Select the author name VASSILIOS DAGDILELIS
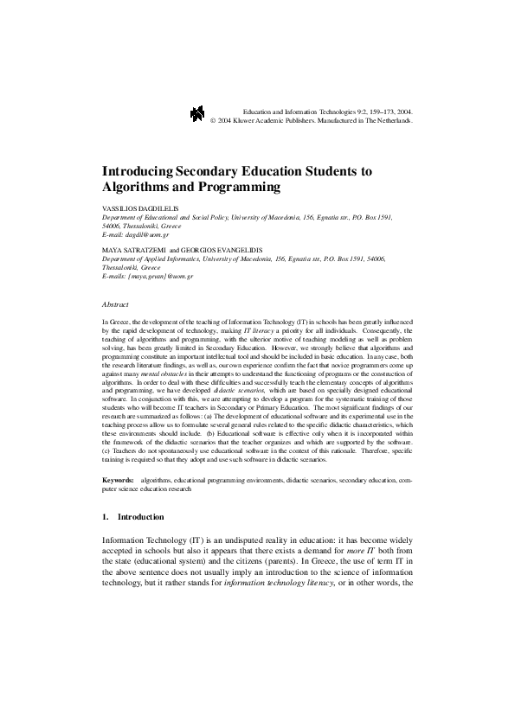[142, 209]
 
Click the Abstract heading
[115, 304]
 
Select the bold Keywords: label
[119, 478]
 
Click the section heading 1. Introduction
[132, 517]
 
